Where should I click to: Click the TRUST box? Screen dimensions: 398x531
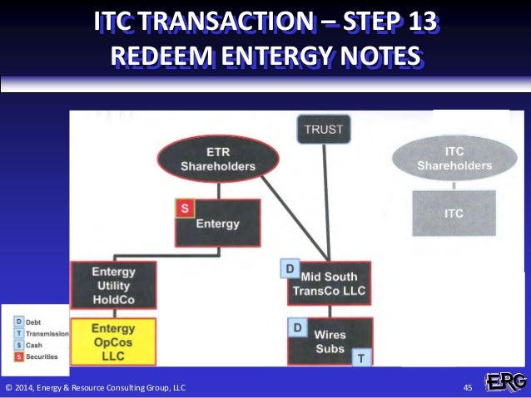pos(325,130)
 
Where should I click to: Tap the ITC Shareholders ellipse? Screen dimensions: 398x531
pos(454,158)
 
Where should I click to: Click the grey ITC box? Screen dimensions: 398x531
pos(454,213)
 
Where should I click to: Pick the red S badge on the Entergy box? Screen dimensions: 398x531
pos(183,209)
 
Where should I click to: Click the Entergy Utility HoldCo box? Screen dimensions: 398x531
pos(112,284)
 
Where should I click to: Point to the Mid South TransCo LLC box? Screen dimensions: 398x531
pos(330,283)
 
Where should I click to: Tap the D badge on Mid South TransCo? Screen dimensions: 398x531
pos(290,270)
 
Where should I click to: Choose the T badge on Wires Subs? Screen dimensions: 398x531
pos(361,356)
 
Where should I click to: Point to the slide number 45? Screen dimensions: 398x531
pos(468,387)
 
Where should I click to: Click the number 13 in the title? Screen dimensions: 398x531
pos(417,22)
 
